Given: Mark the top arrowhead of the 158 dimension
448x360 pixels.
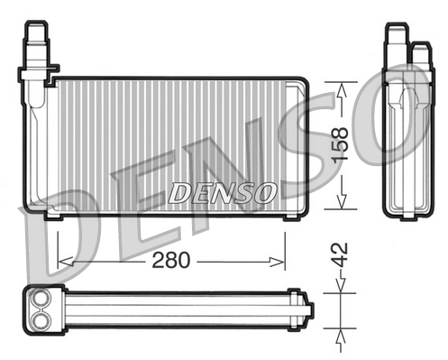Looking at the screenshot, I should tap(342, 88).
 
